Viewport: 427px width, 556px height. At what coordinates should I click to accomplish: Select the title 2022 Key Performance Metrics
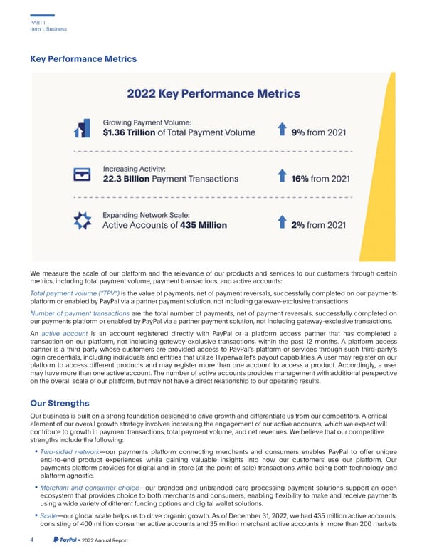click(x=213, y=93)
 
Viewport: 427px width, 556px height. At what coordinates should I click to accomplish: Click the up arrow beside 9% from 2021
click(x=281, y=130)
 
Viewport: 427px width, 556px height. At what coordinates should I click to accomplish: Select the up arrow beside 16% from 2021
click(x=281, y=176)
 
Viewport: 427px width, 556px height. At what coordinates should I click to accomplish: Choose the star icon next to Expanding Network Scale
click(x=83, y=221)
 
